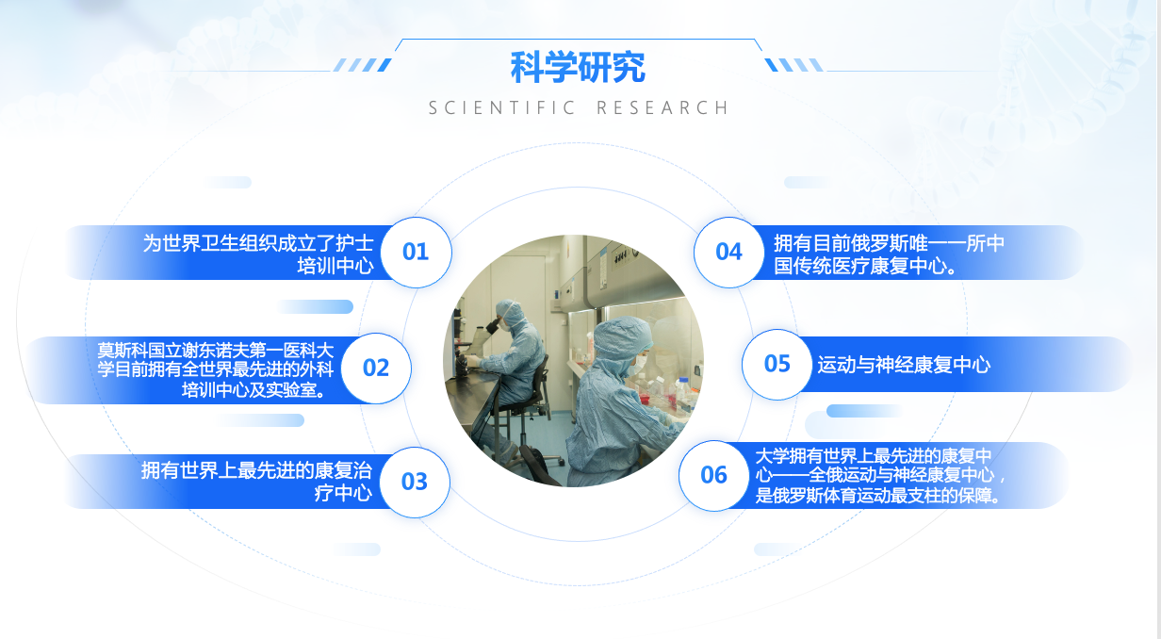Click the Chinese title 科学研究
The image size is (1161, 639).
coord(578,67)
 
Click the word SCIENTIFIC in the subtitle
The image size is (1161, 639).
coord(502,107)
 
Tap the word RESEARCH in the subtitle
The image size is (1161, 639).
coord(662,107)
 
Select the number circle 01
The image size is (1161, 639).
coord(416,253)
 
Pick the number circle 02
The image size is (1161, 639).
coord(376,368)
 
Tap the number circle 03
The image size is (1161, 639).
coord(415,482)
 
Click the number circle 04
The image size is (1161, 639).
coord(728,253)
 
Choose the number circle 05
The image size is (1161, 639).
coord(777,365)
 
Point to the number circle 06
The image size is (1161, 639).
coord(713,475)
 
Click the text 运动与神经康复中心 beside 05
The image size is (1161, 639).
coord(904,365)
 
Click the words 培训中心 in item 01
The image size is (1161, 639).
coord(335,266)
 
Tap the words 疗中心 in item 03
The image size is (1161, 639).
coord(343,492)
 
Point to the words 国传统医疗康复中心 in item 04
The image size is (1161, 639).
coord(865,266)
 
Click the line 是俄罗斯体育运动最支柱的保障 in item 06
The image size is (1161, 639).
coord(877,496)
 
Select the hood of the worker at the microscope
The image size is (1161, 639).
coord(511,313)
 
